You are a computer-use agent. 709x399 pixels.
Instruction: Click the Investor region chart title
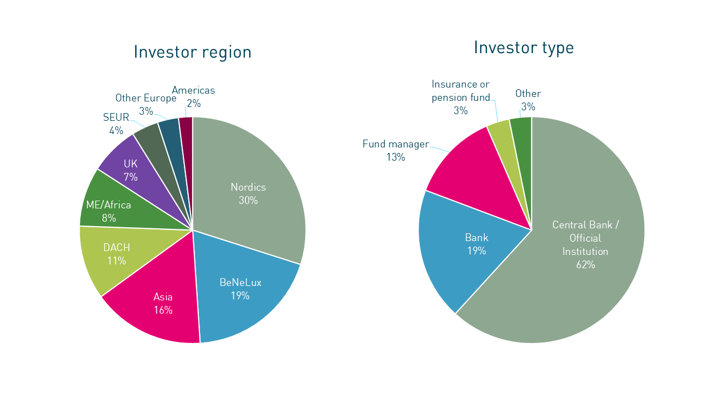point(192,52)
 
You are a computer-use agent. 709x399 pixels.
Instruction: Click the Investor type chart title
point(523,48)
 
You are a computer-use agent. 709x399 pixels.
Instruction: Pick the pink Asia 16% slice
point(161,305)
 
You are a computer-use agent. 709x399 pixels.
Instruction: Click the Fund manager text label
point(395,145)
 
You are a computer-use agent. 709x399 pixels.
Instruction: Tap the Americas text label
point(193,90)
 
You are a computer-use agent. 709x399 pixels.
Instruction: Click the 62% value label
point(585,265)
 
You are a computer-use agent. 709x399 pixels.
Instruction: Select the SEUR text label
point(116,117)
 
